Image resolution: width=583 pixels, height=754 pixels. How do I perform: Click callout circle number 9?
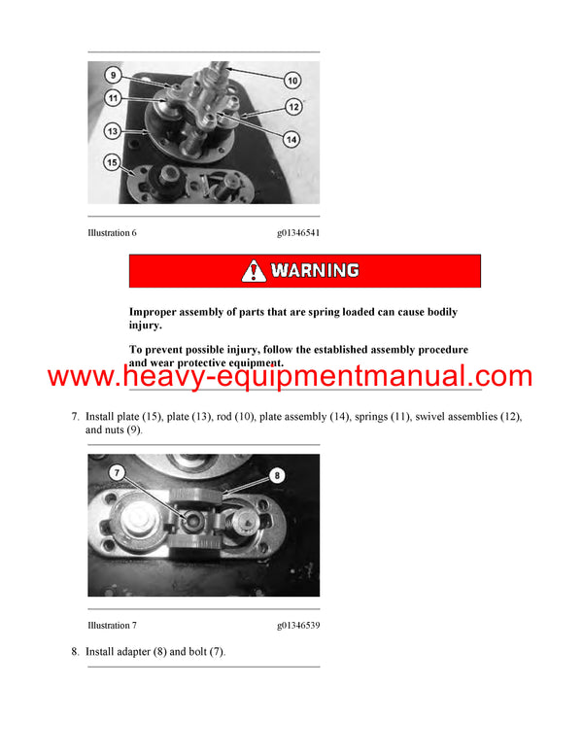[113, 75]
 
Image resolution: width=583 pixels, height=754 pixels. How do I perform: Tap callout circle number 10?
[292, 80]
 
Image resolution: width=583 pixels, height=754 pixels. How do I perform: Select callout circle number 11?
[113, 97]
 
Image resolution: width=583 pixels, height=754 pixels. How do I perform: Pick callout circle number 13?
[113, 130]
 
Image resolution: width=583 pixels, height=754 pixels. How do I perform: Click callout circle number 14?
[292, 139]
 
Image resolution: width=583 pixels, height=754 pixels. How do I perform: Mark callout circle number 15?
[113, 162]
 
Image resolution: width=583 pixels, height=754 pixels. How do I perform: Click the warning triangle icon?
[255, 271]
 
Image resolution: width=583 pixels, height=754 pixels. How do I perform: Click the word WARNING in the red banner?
[315, 271]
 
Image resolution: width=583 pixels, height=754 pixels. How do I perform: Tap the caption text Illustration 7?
[119, 626]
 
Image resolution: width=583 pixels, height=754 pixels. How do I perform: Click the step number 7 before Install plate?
[75, 417]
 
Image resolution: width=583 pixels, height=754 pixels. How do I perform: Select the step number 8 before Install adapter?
[75, 651]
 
